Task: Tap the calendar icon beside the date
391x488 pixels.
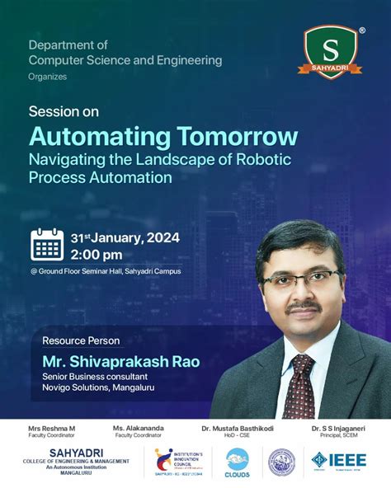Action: click(x=47, y=245)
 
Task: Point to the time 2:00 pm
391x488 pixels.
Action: click(x=97, y=254)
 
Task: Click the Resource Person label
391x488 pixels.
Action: click(x=81, y=340)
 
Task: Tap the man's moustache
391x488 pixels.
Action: click(x=304, y=307)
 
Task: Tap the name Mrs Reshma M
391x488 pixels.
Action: click(x=51, y=429)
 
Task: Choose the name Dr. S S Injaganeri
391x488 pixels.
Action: click(x=339, y=429)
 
